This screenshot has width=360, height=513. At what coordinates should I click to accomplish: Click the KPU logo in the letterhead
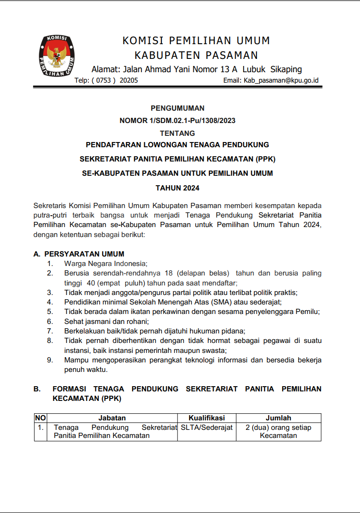[x=57, y=57]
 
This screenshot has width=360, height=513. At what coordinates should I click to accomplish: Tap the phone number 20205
[x=129, y=81]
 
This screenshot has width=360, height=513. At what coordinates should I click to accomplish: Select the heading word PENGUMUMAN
[x=177, y=108]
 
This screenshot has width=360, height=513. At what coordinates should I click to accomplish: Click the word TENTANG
[x=177, y=133]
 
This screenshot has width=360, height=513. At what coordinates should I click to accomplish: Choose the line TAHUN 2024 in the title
[x=177, y=188]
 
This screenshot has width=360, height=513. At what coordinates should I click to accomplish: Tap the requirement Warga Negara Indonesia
[x=106, y=264]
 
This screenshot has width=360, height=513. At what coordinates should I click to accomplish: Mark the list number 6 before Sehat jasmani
[x=49, y=322]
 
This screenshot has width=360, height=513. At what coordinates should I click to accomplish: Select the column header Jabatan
[x=112, y=418]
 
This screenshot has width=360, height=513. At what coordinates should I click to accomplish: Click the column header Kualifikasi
[x=207, y=418]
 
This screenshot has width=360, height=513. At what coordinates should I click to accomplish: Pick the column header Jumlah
[x=278, y=418]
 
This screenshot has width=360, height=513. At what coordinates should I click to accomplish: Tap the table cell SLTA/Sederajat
[x=207, y=427]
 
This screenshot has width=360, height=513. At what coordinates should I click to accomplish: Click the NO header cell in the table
[x=40, y=418]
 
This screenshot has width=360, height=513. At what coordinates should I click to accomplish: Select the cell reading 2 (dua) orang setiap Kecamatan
[x=278, y=431]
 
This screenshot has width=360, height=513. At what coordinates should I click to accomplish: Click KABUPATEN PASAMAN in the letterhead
[x=196, y=55]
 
